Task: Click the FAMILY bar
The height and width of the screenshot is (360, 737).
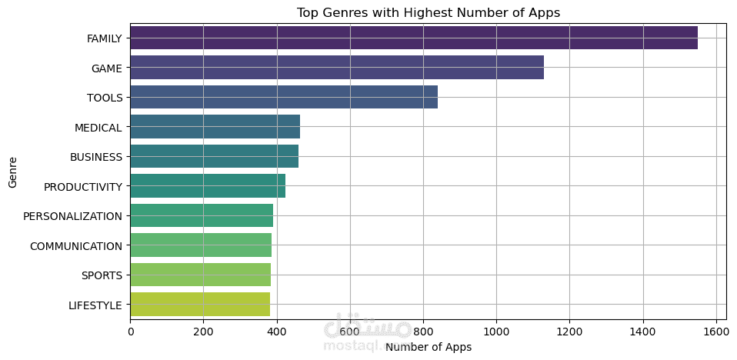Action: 414,38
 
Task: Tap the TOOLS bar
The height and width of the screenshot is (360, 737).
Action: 284,97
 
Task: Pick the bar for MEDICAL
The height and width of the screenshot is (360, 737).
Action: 215,127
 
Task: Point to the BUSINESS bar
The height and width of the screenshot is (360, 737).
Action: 215,156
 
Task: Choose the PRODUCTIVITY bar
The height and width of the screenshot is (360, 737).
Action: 208,186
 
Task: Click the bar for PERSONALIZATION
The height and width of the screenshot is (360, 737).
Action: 202,215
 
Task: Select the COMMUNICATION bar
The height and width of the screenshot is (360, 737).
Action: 201,245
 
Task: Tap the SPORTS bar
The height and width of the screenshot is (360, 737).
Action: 201,275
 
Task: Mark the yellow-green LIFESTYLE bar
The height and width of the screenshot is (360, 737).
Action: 200,305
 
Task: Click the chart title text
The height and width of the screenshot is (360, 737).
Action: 429,12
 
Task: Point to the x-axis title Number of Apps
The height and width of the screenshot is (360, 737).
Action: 429,347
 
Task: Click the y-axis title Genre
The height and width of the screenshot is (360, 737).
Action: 12,172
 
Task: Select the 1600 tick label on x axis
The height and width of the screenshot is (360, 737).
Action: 715,332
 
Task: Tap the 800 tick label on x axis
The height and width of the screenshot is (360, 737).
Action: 423,332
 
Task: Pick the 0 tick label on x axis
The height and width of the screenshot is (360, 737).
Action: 131,332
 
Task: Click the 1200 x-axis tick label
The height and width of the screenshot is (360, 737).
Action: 569,332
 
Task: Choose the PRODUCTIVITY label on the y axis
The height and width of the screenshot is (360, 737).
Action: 83,187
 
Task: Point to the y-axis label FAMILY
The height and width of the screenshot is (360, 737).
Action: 105,38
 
